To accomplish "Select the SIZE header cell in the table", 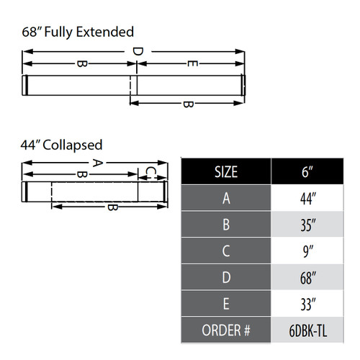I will tap(226, 173).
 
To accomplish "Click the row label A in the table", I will tap(226, 199).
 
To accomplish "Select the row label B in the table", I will tap(226, 225).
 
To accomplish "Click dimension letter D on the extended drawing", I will tap(138, 52).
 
